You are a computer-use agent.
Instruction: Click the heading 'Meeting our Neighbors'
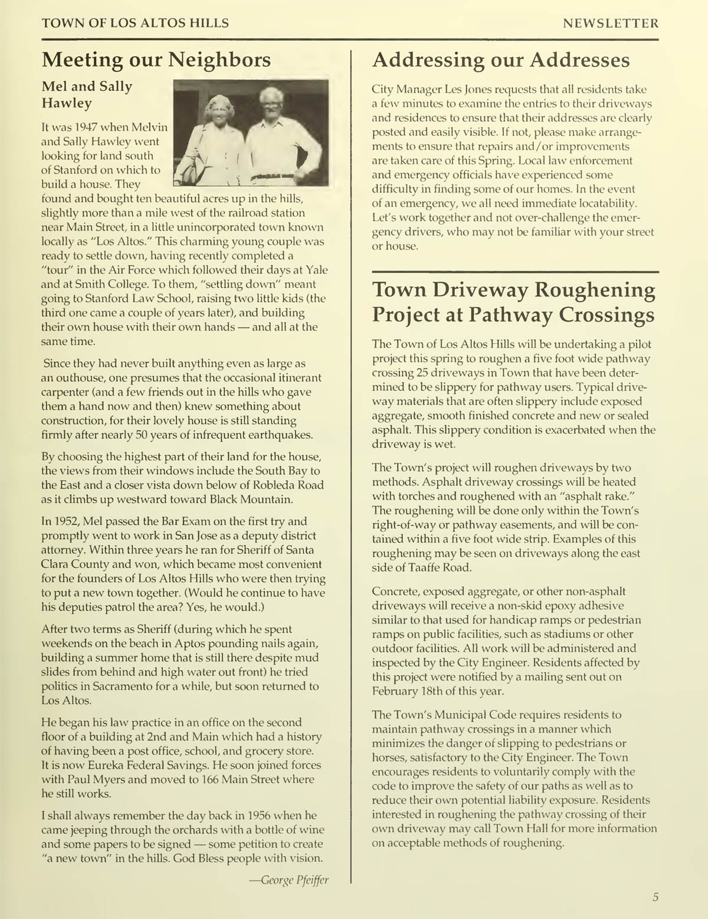tap(156, 60)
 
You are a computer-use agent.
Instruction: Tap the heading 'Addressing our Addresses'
tap(501, 60)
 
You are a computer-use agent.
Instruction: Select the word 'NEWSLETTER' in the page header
tap(611, 24)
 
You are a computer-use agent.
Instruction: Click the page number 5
tap(655, 897)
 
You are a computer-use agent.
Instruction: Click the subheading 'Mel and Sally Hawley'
tap(87, 94)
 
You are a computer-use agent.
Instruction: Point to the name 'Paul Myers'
tap(88, 780)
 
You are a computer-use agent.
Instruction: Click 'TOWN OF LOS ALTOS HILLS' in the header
tap(135, 24)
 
